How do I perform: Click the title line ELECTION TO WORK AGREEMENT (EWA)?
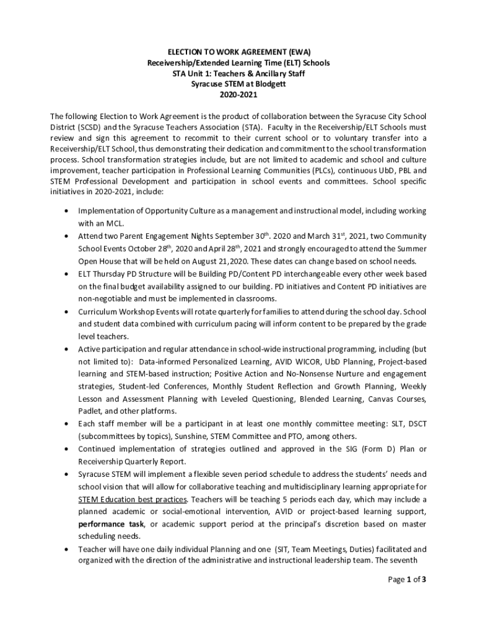pyautogui.click(x=238, y=52)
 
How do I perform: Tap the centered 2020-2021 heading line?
pyautogui.click(x=238, y=95)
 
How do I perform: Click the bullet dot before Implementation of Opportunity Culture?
pyautogui.click(x=66, y=211)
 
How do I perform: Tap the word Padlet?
pyautogui.click(x=90, y=411)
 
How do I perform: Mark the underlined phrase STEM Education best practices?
pyautogui.click(x=133, y=499)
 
